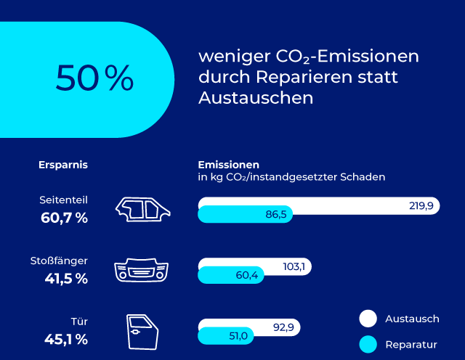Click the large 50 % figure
pyautogui.click(x=94, y=78)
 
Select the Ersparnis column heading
pyautogui.click(x=63, y=165)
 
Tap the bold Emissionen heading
pyautogui.click(x=229, y=165)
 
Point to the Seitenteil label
pyautogui.click(x=64, y=200)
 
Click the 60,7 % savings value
pyautogui.click(x=64, y=217)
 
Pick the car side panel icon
pyautogui.click(x=145, y=208)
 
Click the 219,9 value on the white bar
pyautogui.click(x=421, y=207)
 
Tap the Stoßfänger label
pyautogui.click(x=59, y=260)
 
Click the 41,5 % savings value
pyautogui.click(x=64, y=278)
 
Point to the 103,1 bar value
pyautogui.click(x=293, y=267)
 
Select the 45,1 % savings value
pyautogui.click(x=64, y=339)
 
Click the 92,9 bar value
pyautogui.click(x=283, y=328)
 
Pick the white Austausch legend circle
pyautogui.click(x=368, y=319)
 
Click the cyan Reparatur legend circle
pyautogui.click(x=368, y=344)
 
